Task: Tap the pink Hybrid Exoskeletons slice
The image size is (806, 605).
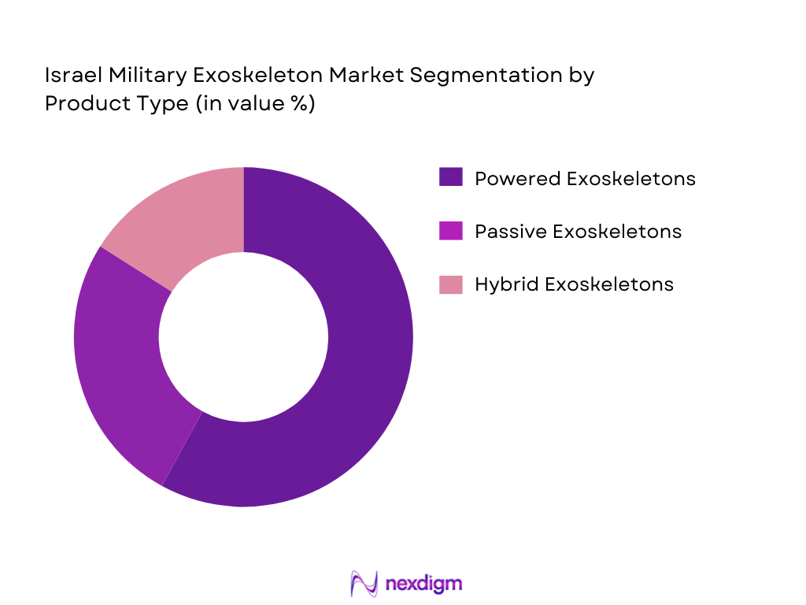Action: point(181,221)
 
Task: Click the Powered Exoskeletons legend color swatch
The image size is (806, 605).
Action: point(450,178)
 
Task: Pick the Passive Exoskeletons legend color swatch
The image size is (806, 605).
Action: point(450,231)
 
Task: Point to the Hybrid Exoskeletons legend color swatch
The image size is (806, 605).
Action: point(450,284)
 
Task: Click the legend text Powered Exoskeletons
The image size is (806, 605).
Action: point(585,179)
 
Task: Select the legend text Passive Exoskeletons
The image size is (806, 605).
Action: point(578,232)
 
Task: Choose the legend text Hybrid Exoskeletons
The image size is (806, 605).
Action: point(574,284)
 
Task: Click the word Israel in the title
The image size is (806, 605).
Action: point(68,76)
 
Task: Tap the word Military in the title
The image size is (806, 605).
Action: point(134,76)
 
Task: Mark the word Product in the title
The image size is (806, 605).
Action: point(84,103)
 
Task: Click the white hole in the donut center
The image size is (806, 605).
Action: point(243,336)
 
